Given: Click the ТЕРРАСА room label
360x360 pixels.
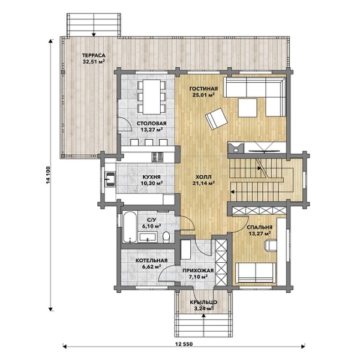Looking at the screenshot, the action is (x=94, y=55).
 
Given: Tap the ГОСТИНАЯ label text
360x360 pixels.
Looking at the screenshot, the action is (x=203, y=89).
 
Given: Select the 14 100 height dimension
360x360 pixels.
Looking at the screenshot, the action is (x=48, y=175).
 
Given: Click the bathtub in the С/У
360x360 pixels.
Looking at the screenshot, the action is (x=130, y=226).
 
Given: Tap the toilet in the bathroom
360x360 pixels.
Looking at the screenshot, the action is (x=166, y=238).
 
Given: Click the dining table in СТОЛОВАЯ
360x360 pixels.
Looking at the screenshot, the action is (x=152, y=97).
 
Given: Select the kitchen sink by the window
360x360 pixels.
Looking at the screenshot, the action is (x=110, y=179).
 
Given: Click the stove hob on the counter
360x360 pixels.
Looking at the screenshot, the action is (x=157, y=157).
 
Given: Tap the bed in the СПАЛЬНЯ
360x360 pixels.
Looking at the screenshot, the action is (x=256, y=272).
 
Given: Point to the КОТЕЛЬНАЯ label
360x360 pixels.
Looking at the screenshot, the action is (x=151, y=260).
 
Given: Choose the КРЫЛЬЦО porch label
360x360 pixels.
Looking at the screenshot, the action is (x=203, y=302).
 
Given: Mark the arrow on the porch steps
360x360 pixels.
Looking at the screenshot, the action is (x=203, y=322).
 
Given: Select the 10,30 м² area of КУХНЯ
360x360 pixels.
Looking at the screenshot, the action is (x=152, y=183).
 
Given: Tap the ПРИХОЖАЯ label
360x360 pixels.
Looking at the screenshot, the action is (x=198, y=271).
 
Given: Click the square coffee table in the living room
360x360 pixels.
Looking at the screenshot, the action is (x=247, y=107).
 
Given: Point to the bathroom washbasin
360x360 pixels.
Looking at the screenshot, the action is (x=148, y=238).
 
